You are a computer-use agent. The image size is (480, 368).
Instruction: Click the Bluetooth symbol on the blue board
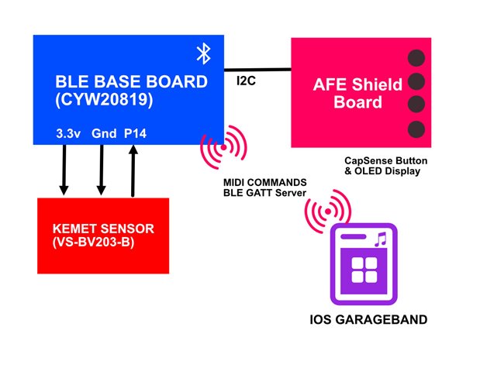203,53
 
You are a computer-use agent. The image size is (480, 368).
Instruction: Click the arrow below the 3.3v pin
64,168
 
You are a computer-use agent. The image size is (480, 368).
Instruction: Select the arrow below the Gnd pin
101,168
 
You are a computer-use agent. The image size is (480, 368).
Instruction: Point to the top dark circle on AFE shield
416,57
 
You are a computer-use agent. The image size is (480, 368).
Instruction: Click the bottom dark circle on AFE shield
416,128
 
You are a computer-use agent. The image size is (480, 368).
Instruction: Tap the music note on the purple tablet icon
380,241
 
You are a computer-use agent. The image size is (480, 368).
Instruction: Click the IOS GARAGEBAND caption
364,319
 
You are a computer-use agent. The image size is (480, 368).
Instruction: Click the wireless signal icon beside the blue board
223,143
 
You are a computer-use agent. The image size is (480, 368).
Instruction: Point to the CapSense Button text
383,161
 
